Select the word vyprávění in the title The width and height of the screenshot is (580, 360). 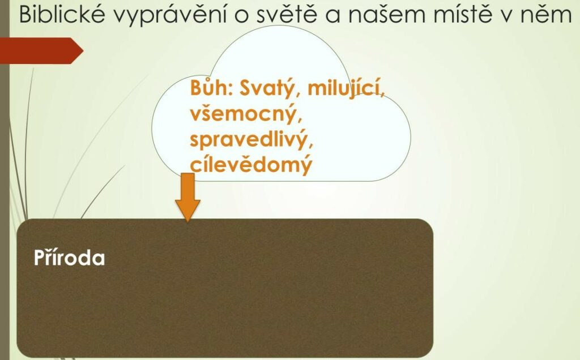pyautogui.click(x=169, y=15)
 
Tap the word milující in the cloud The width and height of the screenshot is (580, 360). pyautogui.click(x=346, y=89)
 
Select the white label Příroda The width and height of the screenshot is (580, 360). pyautogui.click(x=70, y=257)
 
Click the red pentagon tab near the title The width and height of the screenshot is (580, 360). pyautogui.click(x=41, y=50)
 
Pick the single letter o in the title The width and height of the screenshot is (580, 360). pyautogui.click(x=241, y=16)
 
